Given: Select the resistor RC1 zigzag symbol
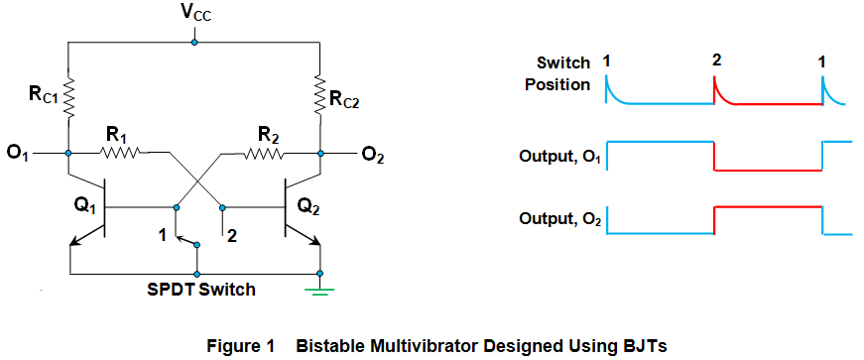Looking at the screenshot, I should point(68,97).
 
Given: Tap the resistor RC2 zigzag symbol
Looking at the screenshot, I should point(319,97).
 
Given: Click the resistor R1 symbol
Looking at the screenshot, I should point(124,153).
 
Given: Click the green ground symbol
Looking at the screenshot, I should point(319,291).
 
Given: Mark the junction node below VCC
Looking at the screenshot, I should point(194,43).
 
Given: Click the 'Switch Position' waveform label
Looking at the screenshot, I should point(557,73).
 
